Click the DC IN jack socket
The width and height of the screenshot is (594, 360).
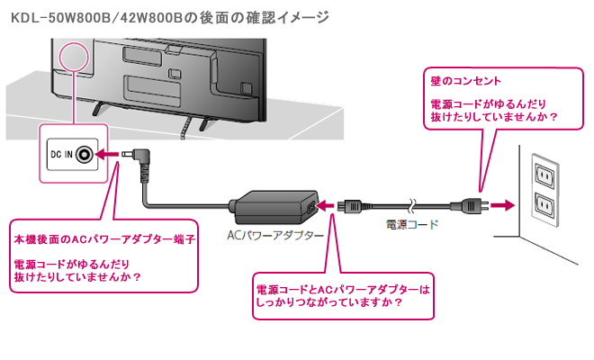coord(84,154)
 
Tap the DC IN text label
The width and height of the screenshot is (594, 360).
coord(61,155)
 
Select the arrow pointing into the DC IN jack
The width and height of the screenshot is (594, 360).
coord(106,155)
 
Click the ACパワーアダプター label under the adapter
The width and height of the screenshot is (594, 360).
coord(275,236)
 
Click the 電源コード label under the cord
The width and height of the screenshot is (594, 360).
coord(412,225)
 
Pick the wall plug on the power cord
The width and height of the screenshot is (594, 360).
coord(469,206)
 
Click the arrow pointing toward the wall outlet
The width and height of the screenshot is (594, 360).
coord(503,206)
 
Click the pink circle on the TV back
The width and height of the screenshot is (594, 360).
coord(74,58)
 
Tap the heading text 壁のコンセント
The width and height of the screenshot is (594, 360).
coord(465,81)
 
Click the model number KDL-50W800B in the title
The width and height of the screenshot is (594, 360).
coord(60,18)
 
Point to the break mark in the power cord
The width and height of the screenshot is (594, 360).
coord(412,206)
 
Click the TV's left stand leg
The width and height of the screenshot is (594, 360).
coord(98,108)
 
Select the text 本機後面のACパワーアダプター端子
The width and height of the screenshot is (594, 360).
coord(104,239)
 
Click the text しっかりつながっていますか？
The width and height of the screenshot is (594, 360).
coord(328,302)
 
